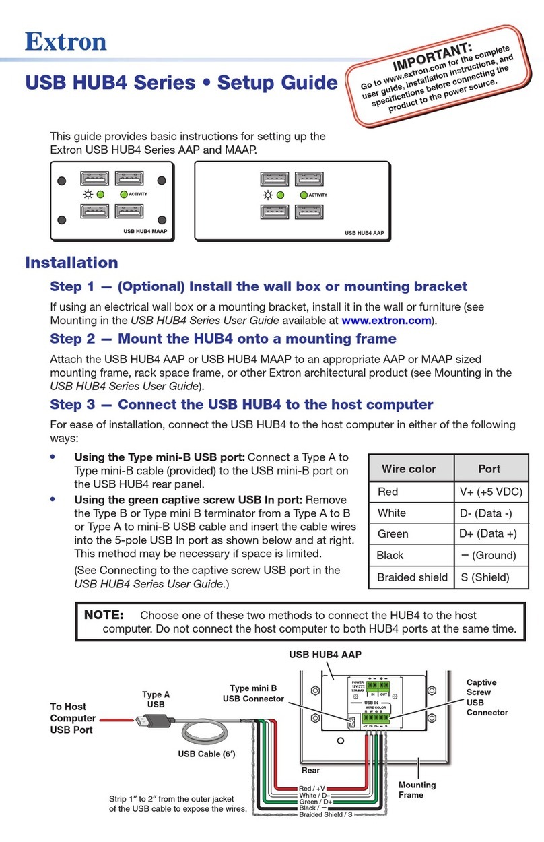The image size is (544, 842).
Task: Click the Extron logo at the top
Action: [66, 41]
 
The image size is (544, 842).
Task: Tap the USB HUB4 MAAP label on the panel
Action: [145, 230]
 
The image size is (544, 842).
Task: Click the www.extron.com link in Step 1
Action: [385, 321]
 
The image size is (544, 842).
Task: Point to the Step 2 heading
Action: [223, 338]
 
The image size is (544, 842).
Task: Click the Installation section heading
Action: [71, 262]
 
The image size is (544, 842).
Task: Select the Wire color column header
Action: [408, 469]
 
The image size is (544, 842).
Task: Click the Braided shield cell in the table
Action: [412, 577]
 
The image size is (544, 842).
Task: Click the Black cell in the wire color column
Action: [390, 555]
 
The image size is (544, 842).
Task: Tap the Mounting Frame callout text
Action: [417, 789]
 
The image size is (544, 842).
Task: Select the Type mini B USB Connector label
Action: [253, 694]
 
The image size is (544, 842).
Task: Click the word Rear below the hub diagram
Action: [310, 770]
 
